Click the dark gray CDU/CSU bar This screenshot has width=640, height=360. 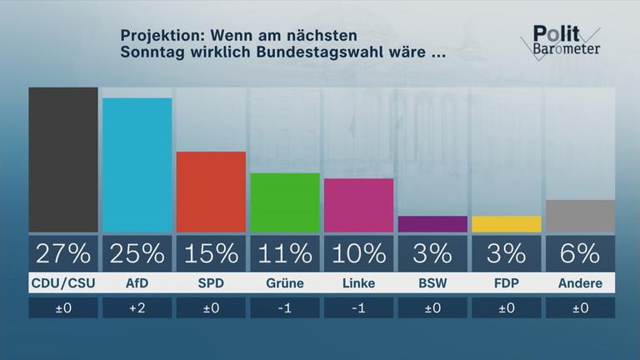coord(63,159)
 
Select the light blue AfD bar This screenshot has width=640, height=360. coord(137,165)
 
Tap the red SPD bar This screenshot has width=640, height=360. coord(211,192)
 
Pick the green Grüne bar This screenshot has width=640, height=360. coord(285,202)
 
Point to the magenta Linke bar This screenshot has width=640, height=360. coord(358,205)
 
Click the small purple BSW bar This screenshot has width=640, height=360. coord(432,224)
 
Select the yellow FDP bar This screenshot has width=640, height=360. coord(506,224)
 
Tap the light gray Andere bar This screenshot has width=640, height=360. coord(580,216)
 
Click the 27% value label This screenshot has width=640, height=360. coord(63,252)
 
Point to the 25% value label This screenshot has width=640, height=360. coord(137,252)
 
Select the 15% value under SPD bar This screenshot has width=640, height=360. coord(211,252)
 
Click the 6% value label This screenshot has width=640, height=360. coord(580,252)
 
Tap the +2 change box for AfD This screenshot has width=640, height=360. coord(137,308)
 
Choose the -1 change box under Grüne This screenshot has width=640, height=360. coord(285,308)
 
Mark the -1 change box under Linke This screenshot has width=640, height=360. coord(358,308)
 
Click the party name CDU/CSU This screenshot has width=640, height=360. coord(63,283)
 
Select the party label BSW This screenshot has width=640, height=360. coord(432,283)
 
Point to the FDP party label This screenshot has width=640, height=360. coord(506,283)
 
